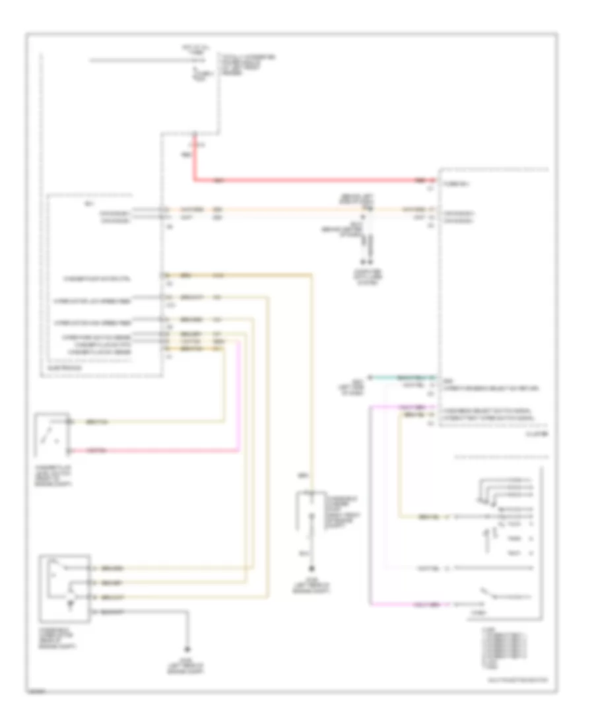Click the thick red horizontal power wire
[310, 180]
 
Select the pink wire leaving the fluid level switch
[158, 451]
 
